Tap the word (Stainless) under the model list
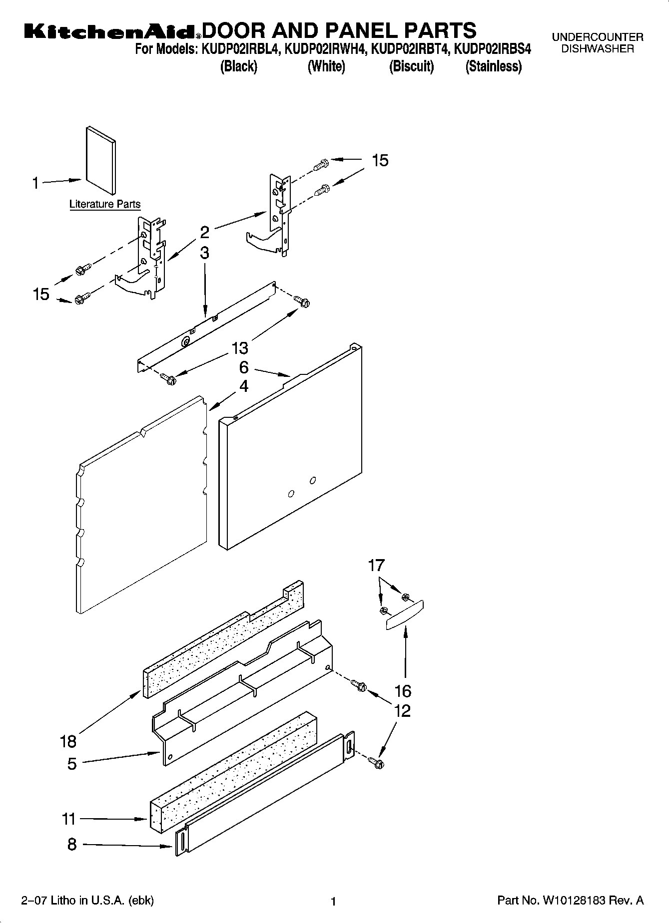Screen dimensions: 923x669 (493, 66)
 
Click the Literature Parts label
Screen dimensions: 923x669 (105, 204)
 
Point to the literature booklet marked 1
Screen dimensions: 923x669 (101, 159)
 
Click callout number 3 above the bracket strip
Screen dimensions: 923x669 (205, 253)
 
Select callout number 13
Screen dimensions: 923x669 (240, 347)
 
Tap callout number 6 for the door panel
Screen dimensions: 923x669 (243, 367)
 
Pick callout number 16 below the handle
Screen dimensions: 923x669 (403, 691)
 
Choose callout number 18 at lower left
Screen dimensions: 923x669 (68, 741)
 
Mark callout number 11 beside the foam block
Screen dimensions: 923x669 (68, 819)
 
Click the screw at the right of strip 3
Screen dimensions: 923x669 (301, 301)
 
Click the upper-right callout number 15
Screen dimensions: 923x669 (380, 160)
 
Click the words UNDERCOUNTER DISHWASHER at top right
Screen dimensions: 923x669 (597, 43)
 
